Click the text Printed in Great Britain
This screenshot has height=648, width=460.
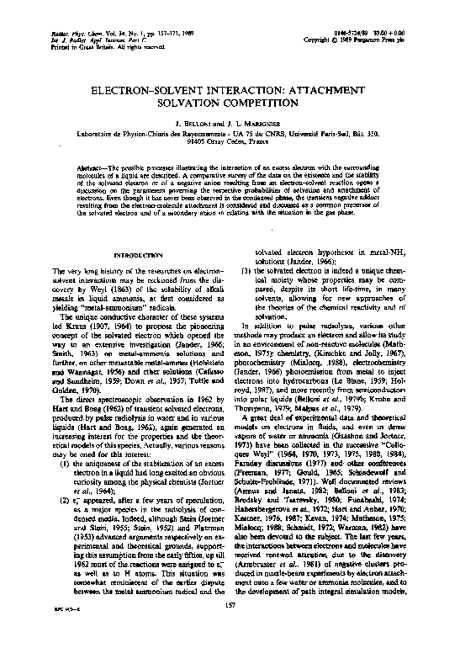(x=64, y=46)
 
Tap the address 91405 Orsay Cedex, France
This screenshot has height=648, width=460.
(x=230, y=142)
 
